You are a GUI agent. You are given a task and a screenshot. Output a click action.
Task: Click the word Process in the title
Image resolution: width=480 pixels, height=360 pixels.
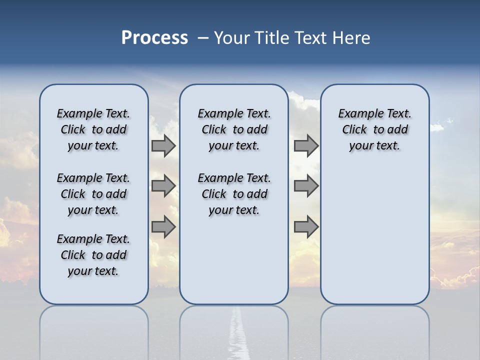(x=154, y=38)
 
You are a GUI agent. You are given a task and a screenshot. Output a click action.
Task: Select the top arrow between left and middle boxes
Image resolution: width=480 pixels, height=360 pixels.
(x=163, y=145)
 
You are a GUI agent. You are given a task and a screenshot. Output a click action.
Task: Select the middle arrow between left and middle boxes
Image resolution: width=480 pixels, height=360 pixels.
(x=163, y=186)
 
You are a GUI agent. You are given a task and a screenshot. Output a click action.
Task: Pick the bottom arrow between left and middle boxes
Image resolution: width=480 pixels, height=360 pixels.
(x=163, y=227)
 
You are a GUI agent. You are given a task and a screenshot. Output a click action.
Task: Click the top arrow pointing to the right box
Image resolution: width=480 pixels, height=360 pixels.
(x=306, y=145)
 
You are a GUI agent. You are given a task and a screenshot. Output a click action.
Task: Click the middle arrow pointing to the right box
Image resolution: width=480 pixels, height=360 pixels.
(x=306, y=186)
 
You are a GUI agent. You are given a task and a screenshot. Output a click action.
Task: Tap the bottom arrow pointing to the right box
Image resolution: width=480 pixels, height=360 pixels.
(x=306, y=227)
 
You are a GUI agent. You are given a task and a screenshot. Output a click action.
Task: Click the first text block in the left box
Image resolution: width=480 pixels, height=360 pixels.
(x=93, y=129)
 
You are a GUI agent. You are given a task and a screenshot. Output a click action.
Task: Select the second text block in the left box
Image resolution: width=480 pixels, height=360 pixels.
(x=93, y=194)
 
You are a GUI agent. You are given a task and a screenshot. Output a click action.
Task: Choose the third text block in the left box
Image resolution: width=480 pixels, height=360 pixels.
(x=93, y=255)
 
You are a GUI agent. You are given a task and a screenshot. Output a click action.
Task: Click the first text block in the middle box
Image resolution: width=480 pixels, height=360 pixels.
(x=234, y=129)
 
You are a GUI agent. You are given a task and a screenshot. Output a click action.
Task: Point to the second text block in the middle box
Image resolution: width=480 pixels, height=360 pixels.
(x=234, y=194)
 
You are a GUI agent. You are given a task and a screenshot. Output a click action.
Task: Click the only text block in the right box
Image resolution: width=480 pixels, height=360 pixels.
(x=374, y=129)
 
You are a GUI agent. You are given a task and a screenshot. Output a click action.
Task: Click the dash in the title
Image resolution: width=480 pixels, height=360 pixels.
(x=203, y=38)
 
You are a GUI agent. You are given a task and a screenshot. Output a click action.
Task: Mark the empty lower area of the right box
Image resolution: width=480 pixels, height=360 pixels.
(x=374, y=235)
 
